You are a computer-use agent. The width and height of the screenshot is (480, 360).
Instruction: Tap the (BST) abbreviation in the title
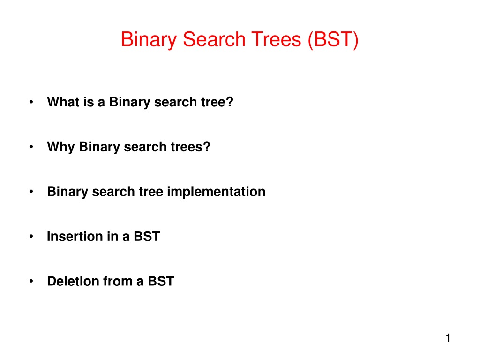click(333, 40)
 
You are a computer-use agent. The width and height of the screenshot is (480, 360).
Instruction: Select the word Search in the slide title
click(214, 39)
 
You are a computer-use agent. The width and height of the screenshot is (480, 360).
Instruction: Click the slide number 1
click(448, 338)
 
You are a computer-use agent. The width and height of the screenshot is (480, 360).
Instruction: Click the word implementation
click(216, 192)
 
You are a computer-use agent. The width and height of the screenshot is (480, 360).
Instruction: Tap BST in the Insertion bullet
click(147, 236)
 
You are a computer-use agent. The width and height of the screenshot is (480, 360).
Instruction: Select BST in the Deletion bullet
click(161, 281)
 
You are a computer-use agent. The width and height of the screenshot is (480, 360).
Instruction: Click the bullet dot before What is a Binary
click(31, 102)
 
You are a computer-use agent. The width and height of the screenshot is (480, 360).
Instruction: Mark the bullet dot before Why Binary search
click(31, 147)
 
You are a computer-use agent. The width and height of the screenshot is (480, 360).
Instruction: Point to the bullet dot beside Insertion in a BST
click(31, 236)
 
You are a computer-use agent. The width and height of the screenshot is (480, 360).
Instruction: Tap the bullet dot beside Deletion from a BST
click(31, 281)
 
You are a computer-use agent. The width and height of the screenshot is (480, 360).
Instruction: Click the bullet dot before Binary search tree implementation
click(31, 192)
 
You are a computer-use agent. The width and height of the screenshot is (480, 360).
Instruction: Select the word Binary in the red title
click(149, 40)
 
